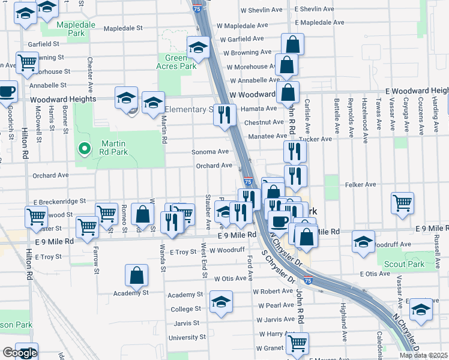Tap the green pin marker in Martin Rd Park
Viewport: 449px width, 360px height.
pyautogui.click(x=85, y=148)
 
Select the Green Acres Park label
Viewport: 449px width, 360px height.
pyautogui.click(x=177, y=62)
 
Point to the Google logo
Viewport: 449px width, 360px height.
pyautogui.click(x=19, y=353)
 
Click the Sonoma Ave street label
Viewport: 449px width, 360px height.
pyautogui.click(x=210, y=152)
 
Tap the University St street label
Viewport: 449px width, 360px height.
pyautogui.click(x=187, y=338)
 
